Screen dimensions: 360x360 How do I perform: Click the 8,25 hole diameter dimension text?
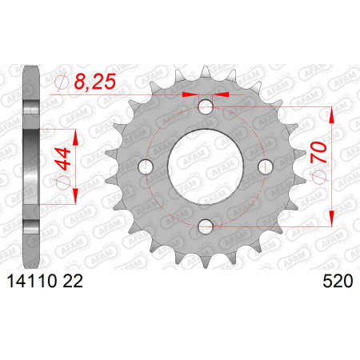[95, 82]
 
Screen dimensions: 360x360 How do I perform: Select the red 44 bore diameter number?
[63, 159]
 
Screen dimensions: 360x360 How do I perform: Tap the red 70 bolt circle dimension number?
[318, 152]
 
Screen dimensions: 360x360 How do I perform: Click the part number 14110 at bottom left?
[32, 282]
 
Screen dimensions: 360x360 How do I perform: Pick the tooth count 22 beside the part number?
[73, 282]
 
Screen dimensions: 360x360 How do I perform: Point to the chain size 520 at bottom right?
[338, 282]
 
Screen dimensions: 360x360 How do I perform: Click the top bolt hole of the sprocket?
[206, 106]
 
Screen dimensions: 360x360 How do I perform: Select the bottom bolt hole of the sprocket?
[206, 226]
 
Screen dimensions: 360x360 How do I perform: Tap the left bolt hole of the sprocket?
[146, 166]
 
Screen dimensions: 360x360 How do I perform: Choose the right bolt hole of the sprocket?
[266, 166]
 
